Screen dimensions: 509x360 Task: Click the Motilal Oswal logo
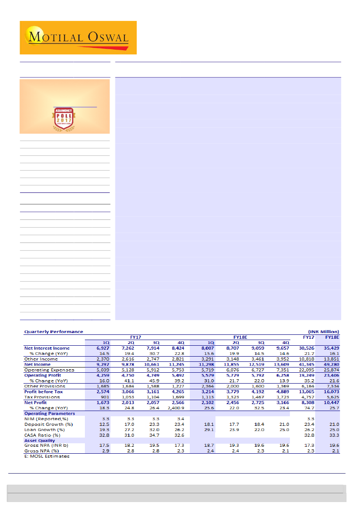(x=78, y=37)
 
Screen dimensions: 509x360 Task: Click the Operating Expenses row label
(x=49, y=370)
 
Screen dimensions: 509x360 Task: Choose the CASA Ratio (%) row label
(x=42, y=435)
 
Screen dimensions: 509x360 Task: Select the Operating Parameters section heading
(x=49, y=413)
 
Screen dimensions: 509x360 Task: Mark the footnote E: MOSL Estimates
(x=47, y=456)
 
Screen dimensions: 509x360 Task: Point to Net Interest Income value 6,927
(x=103, y=348)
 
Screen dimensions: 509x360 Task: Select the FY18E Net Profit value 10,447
(x=331, y=402)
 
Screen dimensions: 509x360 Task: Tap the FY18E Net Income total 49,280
(x=331, y=364)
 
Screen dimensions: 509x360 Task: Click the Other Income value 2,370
(x=103, y=359)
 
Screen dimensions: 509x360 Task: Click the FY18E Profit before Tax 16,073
(x=331, y=391)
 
